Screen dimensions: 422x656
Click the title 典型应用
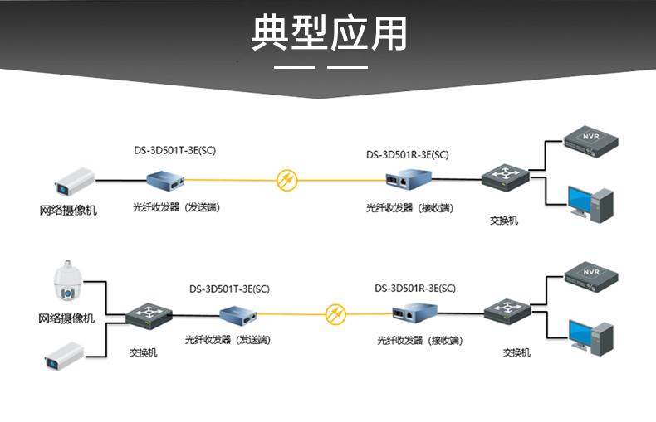[x=329, y=34]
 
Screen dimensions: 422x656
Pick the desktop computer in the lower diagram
[x=590, y=335]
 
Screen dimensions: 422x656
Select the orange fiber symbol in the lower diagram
[x=335, y=313]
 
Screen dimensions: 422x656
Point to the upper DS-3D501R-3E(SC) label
[x=407, y=154]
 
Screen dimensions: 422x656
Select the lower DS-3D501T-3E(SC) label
[x=229, y=289]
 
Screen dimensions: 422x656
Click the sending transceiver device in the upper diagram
[x=164, y=178]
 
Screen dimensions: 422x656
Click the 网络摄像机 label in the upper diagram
[x=68, y=211]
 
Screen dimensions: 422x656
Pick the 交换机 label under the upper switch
[x=503, y=221]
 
